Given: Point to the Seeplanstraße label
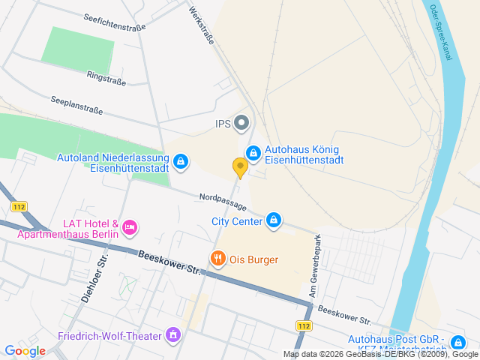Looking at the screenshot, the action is (76, 104).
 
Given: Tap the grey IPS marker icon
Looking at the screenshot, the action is (241, 122).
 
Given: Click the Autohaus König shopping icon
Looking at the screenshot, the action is (253, 154).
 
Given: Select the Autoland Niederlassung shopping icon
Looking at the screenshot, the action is (181, 162).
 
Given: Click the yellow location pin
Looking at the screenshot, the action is (240, 167).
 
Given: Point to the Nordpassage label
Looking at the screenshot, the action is (222, 202).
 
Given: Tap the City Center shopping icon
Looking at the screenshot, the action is (274, 220).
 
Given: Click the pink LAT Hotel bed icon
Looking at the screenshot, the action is (129, 226).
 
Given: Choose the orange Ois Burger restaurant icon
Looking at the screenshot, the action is (217, 259).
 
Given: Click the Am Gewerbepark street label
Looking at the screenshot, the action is (316, 263).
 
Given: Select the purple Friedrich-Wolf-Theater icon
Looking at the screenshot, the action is (174, 334).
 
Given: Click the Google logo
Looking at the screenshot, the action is (25, 350).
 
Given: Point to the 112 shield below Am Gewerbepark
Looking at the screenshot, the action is (303, 325).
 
